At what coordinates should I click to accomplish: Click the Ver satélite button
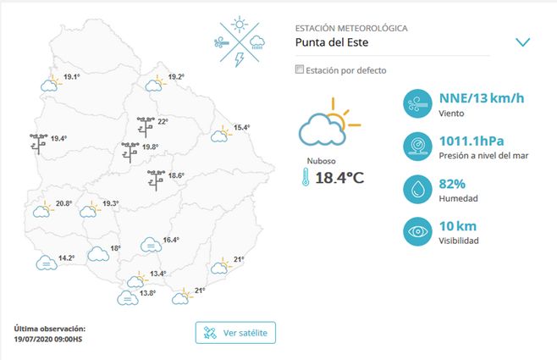coord(235,333)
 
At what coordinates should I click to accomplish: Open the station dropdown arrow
coord(522,42)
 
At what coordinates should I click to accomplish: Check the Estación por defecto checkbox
coord(299,70)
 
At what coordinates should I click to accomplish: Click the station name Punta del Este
coord(337,42)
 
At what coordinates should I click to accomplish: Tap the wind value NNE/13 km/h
coord(481,98)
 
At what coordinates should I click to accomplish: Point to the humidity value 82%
coord(452,184)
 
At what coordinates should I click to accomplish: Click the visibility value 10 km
coord(457,226)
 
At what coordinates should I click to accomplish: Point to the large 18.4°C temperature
coord(339,178)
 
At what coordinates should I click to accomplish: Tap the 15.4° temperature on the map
coord(242,128)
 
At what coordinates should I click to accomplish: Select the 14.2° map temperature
coord(67,258)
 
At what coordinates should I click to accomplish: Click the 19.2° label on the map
coord(176,77)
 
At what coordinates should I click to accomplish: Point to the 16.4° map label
coord(171,241)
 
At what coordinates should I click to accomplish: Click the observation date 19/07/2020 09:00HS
coord(48,338)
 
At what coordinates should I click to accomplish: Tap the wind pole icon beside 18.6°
coord(156,180)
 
